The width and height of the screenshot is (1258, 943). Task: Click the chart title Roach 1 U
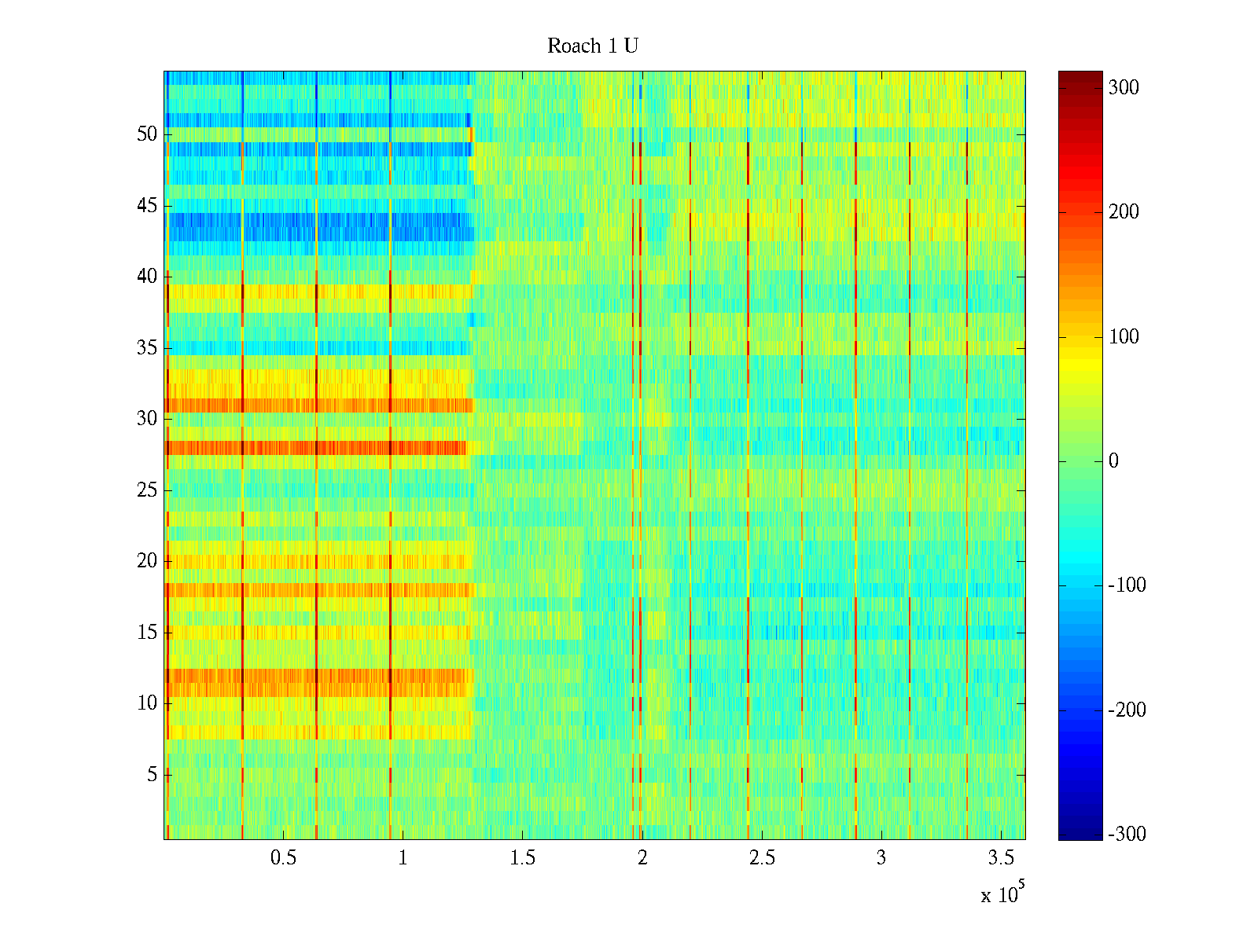(x=592, y=46)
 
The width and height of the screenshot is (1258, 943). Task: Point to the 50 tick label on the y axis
(x=147, y=134)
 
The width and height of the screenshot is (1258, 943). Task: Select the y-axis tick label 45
(x=147, y=206)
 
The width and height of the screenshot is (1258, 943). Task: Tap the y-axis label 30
(x=147, y=419)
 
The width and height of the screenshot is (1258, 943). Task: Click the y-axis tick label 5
(x=152, y=775)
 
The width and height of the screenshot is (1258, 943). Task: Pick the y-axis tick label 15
(x=147, y=633)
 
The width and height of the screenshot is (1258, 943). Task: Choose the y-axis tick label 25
(x=147, y=490)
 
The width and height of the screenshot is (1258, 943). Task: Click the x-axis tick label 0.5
(x=283, y=858)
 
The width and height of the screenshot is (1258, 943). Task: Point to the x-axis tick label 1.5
(x=522, y=858)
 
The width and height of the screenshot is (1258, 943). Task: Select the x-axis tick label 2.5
(x=761, y=858)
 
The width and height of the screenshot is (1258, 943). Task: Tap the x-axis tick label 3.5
(x=1000, y=858)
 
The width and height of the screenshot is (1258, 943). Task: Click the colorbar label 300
(x=1124, y=87)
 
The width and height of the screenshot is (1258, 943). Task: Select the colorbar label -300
(x=1126, y=835)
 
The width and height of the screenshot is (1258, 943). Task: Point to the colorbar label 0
(x=1113, y=461)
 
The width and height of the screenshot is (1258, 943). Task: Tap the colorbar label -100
(x=1126, y=585)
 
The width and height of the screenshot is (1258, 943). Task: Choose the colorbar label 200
(x=1124, y=212)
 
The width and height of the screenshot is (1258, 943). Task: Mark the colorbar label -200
(x=1126, y=710)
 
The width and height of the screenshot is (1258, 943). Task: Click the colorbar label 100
(x=1124, y=336)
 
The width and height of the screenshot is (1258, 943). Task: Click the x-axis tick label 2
(x=642, y=858)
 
